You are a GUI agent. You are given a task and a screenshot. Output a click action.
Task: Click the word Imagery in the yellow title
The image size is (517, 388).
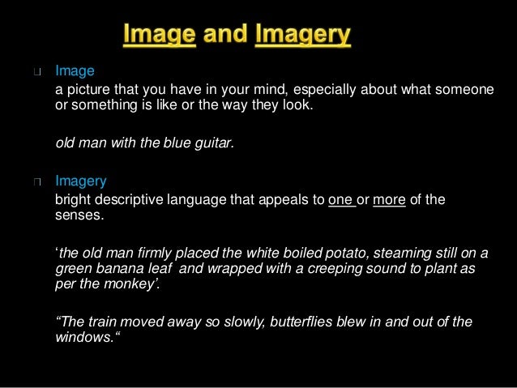(x=304, y=36)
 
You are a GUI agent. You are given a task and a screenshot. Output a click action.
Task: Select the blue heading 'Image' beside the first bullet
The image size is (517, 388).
(x=75, y=71)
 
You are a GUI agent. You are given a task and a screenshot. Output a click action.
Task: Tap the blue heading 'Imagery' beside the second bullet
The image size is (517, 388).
(x=80, y=181)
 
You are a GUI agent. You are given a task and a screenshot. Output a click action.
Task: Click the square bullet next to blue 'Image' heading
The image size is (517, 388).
(x=36, y=72)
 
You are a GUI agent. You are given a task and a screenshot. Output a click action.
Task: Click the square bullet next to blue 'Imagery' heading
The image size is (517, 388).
(x=36, y=181)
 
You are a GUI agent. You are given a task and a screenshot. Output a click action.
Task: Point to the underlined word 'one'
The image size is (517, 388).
(x=341, y=200)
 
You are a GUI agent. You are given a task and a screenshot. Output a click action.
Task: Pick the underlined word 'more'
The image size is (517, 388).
(x=389, y=200)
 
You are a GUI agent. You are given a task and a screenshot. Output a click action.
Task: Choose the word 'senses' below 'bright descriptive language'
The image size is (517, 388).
(x=79, y=216)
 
